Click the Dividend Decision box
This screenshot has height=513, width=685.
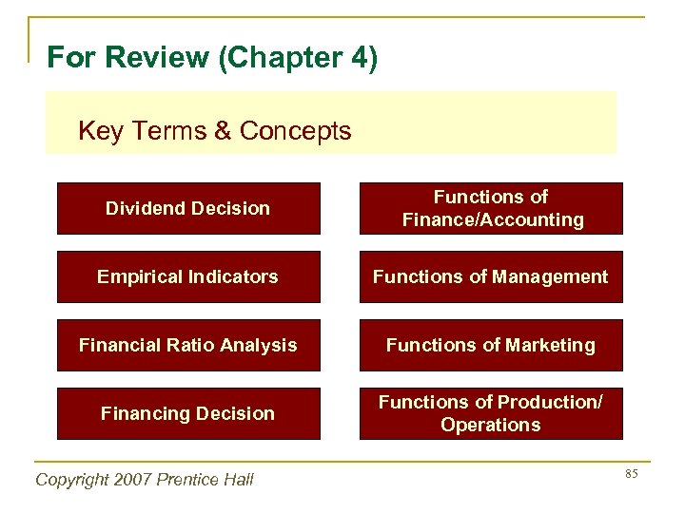[188, 208]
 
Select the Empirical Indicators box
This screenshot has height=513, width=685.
[188, 276]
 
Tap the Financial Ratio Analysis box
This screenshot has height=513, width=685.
[188, 345]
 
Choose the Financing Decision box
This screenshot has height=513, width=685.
[188, 413]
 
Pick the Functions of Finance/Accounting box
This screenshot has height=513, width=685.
[491, 208]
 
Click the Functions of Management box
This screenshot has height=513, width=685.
[491, 276]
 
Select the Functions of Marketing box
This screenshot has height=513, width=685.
[491, 345]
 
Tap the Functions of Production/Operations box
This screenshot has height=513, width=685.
[491, 413]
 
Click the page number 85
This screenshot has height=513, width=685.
[630, 472]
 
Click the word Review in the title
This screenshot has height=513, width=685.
[158, 58]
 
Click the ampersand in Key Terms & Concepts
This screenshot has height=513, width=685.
[224, 130]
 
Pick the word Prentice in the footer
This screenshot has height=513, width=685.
[190, 480]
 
